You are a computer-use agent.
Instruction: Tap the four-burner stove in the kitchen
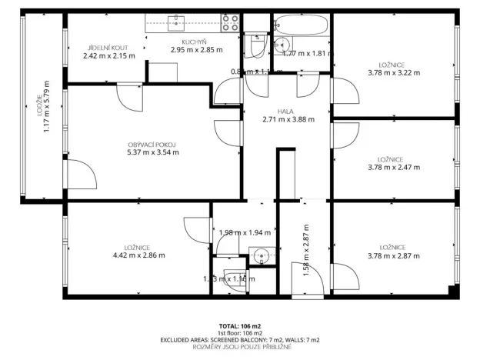pos(230,22)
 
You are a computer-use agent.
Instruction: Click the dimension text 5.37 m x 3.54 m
pos(153,152)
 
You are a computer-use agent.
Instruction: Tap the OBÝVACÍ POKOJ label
pos(153,144)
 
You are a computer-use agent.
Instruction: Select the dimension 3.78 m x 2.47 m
pos(393,167)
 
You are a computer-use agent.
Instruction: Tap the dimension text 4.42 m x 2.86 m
pos(138,255)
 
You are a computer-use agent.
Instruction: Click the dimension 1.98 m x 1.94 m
pos(245,232)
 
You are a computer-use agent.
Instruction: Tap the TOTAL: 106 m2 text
pos(239,325)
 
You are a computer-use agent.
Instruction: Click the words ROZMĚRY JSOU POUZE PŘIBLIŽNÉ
pos(239,346)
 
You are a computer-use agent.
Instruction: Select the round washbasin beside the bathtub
pos(282,43)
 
